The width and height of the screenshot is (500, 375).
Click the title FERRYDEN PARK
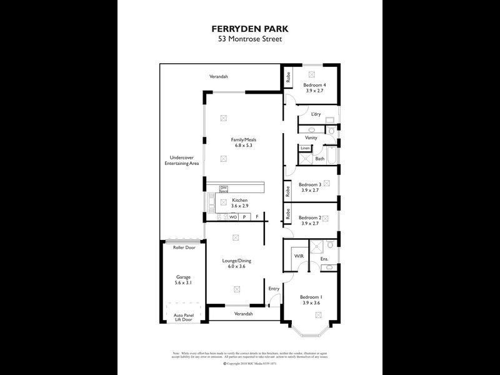coord(250,29)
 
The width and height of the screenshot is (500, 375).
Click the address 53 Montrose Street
coord(250,39)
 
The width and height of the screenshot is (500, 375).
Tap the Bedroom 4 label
coord(315,84)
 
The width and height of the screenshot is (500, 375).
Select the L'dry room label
coord(316,114)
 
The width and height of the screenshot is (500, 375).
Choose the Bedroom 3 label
coord(310,184)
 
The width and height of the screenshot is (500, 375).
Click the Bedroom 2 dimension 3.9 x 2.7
coord(310,223)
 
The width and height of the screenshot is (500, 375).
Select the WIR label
coord(298,256)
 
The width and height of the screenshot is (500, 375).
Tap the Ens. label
coord(324,258)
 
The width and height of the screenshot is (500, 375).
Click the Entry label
coord(274,288)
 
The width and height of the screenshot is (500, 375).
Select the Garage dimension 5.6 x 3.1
coord(183,282)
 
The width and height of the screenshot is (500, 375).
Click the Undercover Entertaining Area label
coord(181,160)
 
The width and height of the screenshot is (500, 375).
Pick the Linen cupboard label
coord(305,148)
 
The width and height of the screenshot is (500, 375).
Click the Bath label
coord(319,159)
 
